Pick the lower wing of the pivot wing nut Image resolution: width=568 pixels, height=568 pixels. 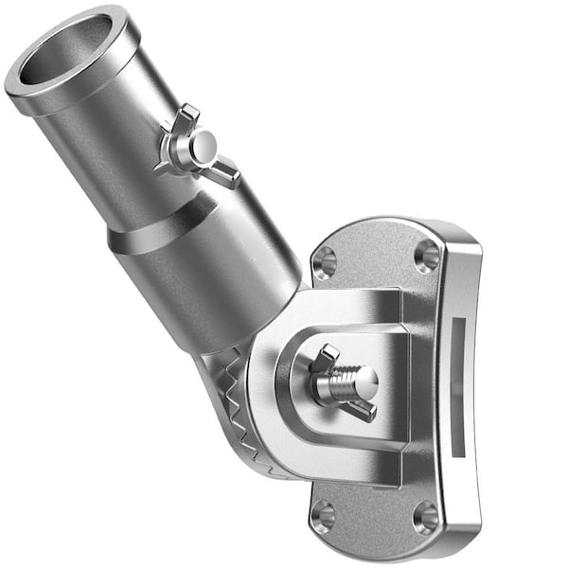[x=361, y=409]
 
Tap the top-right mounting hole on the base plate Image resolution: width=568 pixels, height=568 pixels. [x=427, y=256]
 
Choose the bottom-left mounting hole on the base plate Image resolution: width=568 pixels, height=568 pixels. [x=324, y=516]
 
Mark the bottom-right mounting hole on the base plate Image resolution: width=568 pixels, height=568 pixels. [x=426, y=518]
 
